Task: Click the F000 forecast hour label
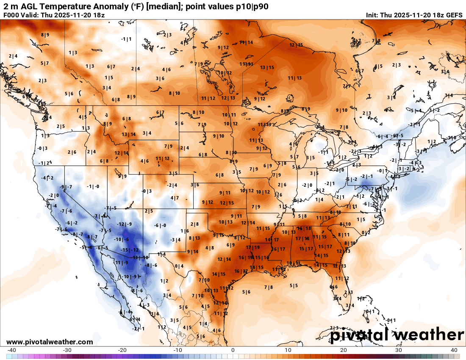click(11, 15)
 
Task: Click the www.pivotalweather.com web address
click(50, 342)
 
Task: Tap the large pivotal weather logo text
click(397, 335)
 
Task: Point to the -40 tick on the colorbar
click(12, 350)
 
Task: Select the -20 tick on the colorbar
click(122, 350)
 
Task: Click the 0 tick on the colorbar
click(233, 350)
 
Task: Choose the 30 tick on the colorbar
click(399, 350)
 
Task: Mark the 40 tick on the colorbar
click(454, 350)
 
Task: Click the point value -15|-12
click(130, 250)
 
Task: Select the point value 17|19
click(253, 247)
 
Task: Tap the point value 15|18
click(304, 229)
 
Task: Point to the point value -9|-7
click(66, 187)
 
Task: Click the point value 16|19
click(246, 257)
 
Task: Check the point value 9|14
click(192, 252)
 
